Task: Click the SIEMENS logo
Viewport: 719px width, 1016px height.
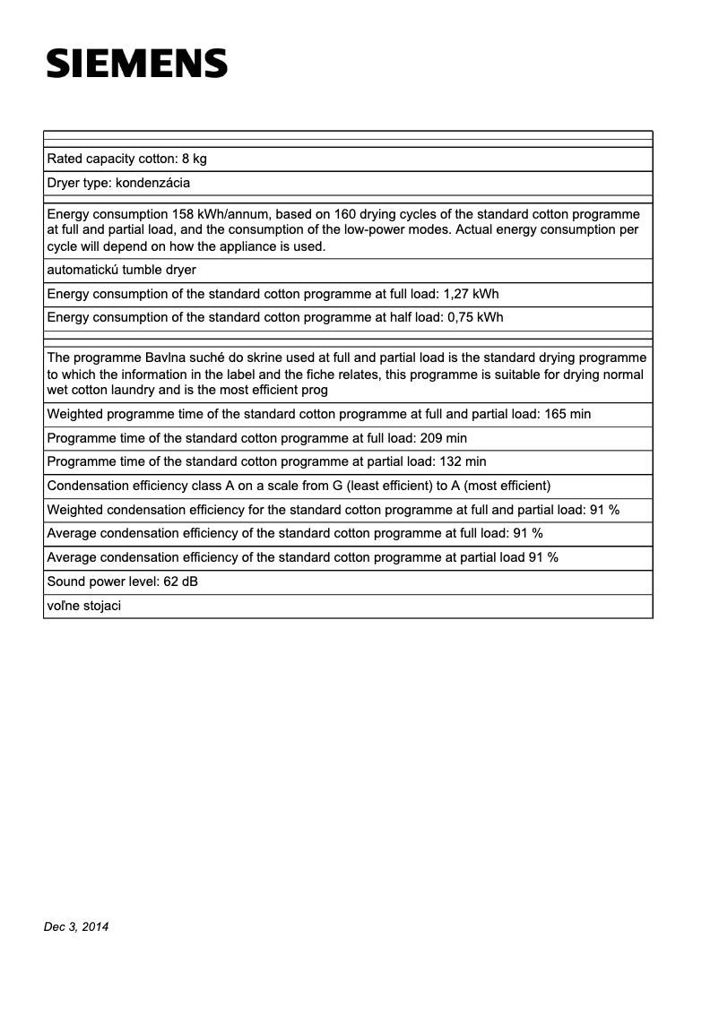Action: pos(137,64)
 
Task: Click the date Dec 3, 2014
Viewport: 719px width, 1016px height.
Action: pos(76,927)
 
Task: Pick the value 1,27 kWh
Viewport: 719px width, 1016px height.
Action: pos(472,294)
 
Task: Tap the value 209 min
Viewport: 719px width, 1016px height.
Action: pos(443,438)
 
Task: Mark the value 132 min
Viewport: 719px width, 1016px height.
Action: pos(463,461)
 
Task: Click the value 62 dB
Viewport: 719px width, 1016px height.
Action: pos(181,581)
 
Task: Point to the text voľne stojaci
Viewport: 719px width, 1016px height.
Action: pos(83,606)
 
